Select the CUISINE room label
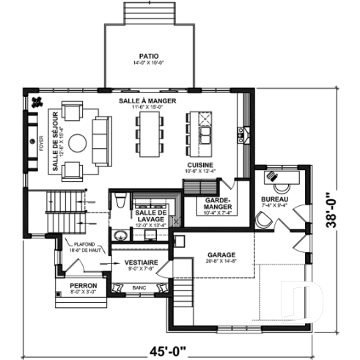[199, 166]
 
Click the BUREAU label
[275, 199]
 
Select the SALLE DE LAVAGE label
[152, 216]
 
